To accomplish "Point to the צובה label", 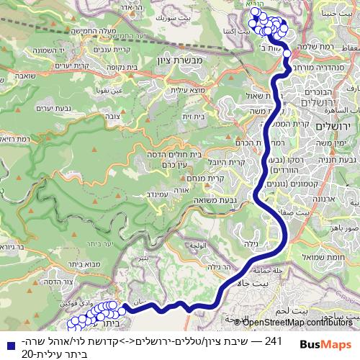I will click(112, 115).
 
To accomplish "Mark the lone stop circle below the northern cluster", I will click(287, 53).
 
